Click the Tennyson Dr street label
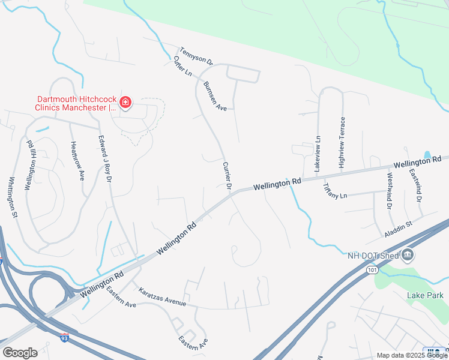pos(196,55)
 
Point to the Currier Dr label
pos(227,176)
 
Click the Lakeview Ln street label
pos(318,151)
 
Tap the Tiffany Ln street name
pos(335,191)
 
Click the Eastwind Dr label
pos(415,184)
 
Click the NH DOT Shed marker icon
pos(408,255)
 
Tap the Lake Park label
pos(425,295)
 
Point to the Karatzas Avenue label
pos(162,297)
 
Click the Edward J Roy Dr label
pos(106,158)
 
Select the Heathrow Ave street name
pos(78,161)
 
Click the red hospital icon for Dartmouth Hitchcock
pos(125,103)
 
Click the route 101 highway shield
pos(372,271)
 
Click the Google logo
pos(20,353)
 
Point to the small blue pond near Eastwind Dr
pos(427,155)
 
